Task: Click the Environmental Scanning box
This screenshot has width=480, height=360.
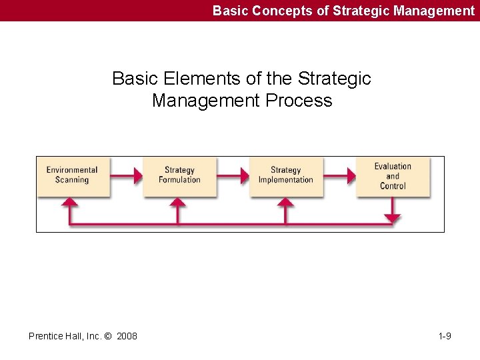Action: click(x=73, y=176)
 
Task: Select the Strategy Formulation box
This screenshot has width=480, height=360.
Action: click(x=179, y=176)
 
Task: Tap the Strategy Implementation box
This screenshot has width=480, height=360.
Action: click(x=286, y=176)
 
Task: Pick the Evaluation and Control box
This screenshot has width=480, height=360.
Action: click(x=393, y=176)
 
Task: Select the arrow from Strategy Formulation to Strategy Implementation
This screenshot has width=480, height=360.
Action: click(x=233, y=176)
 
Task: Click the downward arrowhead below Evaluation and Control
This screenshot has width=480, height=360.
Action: click(x=393, y=217)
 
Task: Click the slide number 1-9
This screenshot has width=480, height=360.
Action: click(x=445, y=336)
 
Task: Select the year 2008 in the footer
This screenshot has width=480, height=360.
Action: click(x=127, y=336)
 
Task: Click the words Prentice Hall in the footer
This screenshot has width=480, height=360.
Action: click(x=54, y=336)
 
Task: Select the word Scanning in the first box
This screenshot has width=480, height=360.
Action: click(x=72, y=180)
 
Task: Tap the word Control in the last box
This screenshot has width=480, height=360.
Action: click(x=393, y=186)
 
